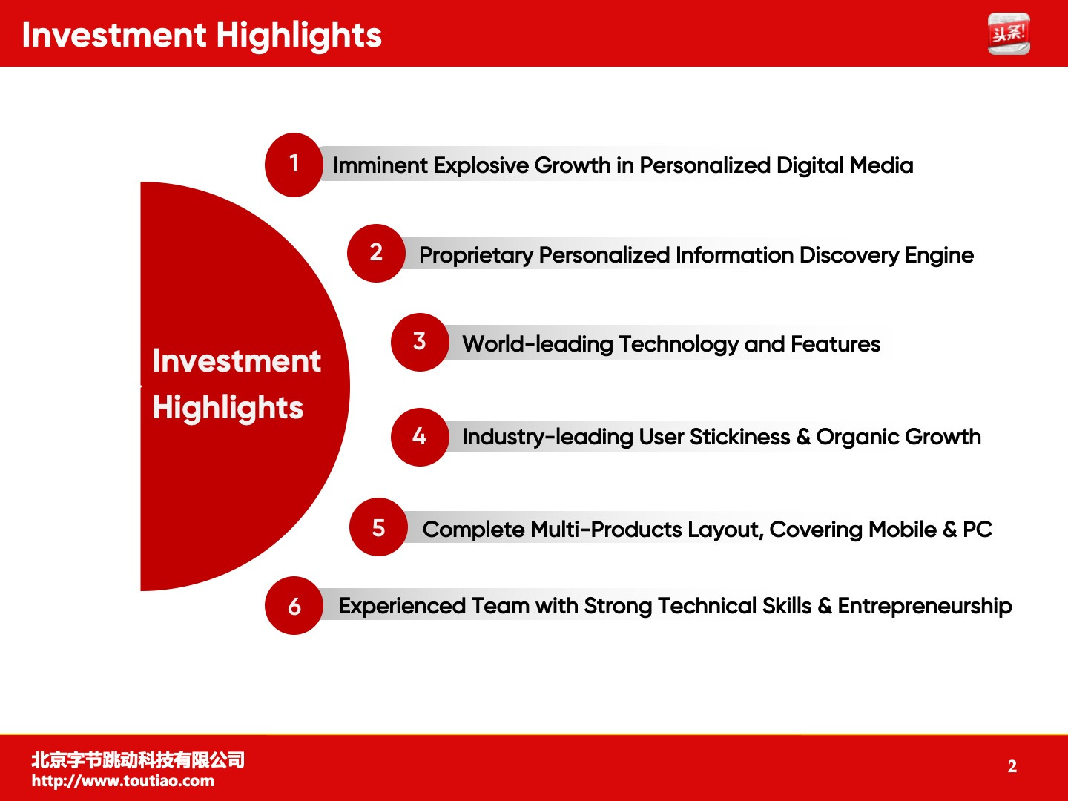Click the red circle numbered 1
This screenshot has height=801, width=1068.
[294, 165]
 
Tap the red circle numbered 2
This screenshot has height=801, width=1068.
[376, 254]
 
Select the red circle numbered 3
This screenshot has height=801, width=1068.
[420, 343]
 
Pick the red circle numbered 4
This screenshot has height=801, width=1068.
[420, 438]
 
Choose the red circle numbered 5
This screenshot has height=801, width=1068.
[378, 527]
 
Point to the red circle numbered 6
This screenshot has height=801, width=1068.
[294, 605]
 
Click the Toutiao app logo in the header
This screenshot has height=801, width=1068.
[1009, 33]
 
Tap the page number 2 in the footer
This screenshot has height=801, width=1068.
[1012, 766]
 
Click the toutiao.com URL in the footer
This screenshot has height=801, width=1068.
[122, 781]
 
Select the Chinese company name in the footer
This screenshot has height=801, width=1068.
[138, 760]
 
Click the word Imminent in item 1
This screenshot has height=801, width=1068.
[380, 165]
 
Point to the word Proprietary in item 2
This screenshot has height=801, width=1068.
[476, 256]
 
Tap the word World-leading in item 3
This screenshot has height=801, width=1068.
[538, 344]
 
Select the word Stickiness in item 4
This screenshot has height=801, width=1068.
[739, 437]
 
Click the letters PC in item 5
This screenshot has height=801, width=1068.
[978, 529]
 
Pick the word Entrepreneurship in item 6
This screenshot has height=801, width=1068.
[924, 607]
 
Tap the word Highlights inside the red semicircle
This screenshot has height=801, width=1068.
[228, 408]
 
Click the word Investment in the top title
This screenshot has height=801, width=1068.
[114, 35]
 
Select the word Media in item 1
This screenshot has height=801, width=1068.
[881, 165]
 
